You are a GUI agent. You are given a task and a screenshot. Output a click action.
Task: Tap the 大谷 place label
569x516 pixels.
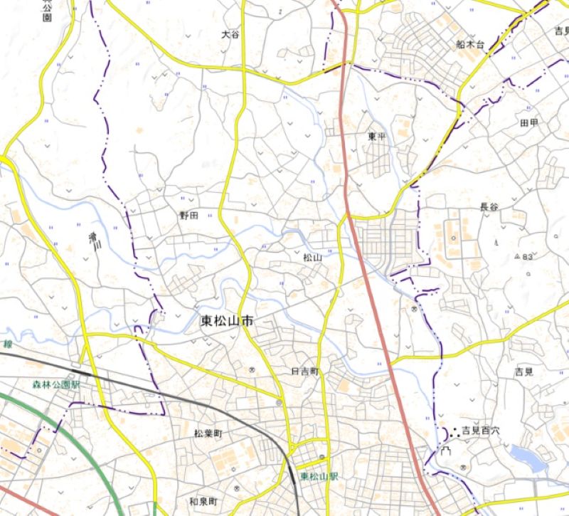point(230,34)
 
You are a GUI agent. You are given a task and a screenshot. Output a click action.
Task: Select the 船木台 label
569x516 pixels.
point(469,44)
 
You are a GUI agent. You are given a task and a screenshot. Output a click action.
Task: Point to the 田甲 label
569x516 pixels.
point(529,122)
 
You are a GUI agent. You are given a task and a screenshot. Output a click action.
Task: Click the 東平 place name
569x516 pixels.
point(376,136)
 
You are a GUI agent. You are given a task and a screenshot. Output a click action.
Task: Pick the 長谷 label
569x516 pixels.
point(489,207)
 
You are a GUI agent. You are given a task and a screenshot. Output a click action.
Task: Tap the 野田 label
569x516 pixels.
point(188,215)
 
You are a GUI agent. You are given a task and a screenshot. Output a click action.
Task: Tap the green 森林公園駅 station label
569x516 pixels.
point(56,384)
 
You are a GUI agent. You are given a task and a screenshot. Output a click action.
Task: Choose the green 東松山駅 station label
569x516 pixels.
point(318,476)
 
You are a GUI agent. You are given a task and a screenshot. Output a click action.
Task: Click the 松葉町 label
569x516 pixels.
point(208,433)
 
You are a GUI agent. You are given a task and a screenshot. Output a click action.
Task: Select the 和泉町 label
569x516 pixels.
point(203,502)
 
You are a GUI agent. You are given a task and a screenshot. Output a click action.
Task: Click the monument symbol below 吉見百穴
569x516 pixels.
point(446,451)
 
